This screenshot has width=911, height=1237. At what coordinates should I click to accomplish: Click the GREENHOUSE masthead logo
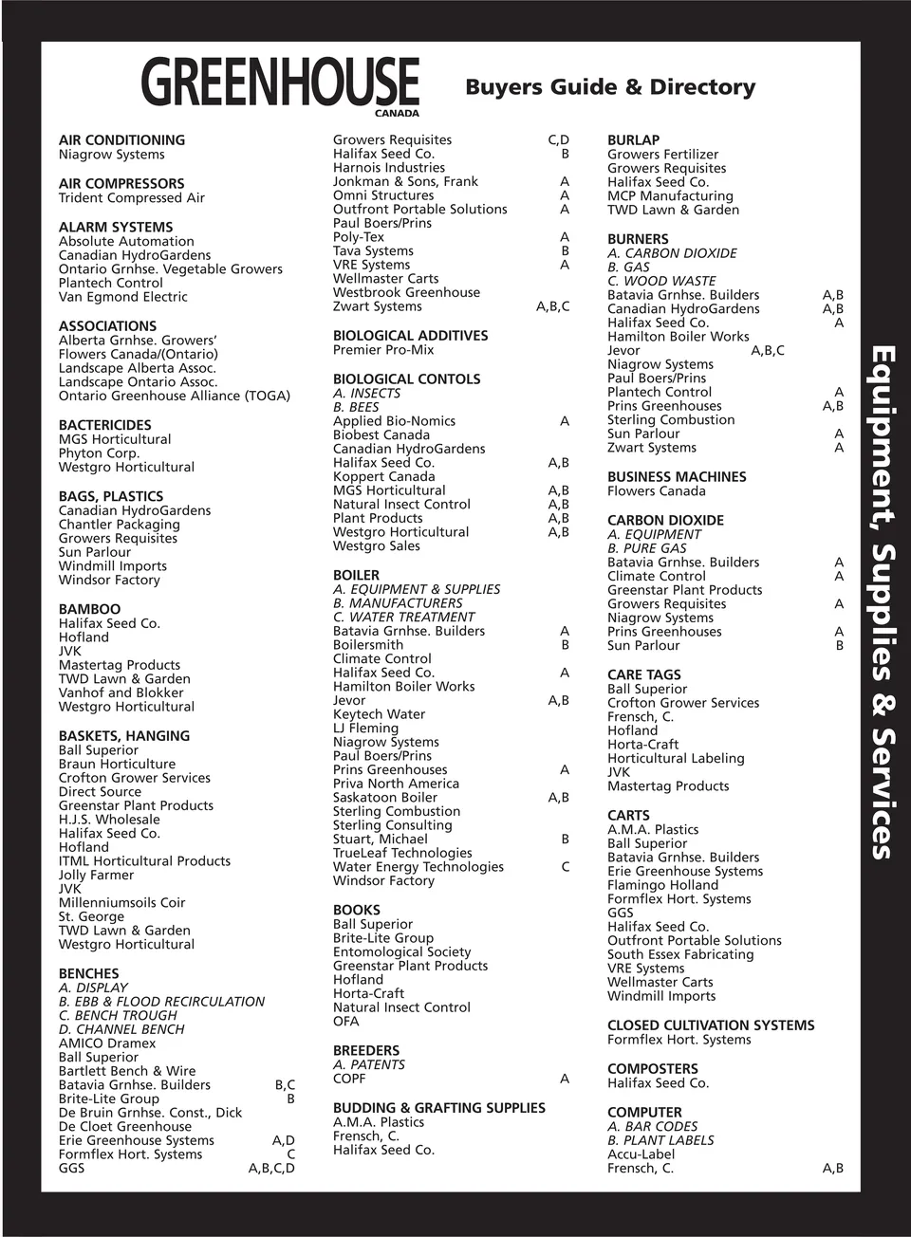pos(280,83)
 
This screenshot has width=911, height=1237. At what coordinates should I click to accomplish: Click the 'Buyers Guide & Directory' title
pos(610,87)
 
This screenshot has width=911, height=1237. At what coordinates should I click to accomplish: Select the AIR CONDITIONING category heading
pos(121,139)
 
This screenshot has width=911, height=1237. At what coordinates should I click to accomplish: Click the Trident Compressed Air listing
pos(132,197)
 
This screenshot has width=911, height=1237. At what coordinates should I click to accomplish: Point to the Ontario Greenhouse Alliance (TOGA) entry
pos(175,396)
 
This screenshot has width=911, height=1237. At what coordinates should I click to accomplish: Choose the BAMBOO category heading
pos(89,609)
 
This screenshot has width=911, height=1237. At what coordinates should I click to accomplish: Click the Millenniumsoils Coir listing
pos(121,902)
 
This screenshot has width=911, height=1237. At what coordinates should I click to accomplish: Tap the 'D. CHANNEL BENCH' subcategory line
pos(121,1029)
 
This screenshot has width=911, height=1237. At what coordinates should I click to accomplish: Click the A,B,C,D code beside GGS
pos(271,1168)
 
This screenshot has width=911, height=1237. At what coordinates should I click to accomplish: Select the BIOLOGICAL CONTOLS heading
pos(406,378)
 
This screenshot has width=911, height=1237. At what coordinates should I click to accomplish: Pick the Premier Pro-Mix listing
pos(383,349)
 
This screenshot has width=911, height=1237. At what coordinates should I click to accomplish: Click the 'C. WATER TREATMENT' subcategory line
pos(403,617)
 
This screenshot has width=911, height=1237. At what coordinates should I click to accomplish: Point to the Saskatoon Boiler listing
pos(385,798)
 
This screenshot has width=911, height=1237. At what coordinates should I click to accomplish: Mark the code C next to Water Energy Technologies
pos(566,867)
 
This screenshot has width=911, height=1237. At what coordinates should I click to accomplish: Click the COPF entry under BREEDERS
pos(349,1079)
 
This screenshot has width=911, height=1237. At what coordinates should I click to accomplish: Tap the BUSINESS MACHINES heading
pos(677,476)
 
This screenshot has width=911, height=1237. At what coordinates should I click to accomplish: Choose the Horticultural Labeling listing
pos(676,758)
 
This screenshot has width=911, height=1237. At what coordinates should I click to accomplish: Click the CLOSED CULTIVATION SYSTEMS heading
pos(711,1025)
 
